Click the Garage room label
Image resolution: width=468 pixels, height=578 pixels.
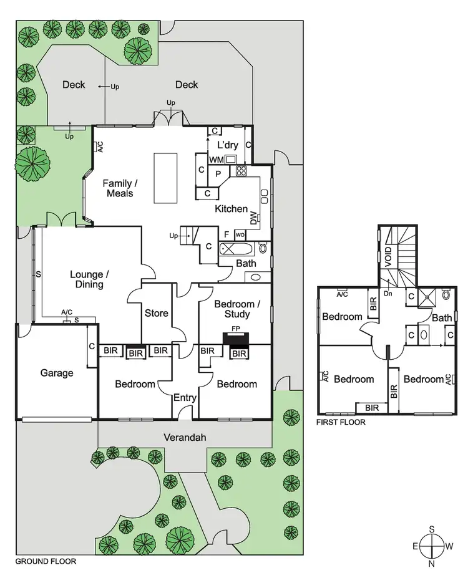click(x=57, y=373)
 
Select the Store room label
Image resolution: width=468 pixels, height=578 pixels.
click(x=156, y=313)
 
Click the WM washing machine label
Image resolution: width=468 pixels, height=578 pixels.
click(x=217, y=160)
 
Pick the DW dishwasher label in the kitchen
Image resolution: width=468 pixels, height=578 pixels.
click(x=254, y=218)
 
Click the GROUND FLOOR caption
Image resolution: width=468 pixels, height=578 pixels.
click(x=46, y=561)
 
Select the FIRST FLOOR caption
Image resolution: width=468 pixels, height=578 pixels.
click(x=341, y=422)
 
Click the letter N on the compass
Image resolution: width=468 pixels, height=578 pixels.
click(x=431, y=563)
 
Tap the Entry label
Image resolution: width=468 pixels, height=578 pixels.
click(x=185, y=398)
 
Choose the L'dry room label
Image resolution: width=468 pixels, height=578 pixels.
click(x=227, y=145)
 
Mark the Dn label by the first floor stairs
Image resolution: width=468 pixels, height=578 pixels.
click(x=388, y=292)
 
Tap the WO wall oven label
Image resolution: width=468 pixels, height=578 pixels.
click(x=240, y=235)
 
